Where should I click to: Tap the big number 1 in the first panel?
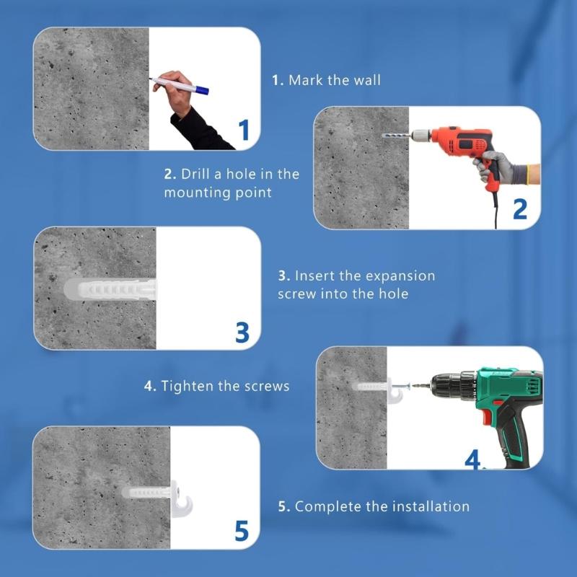[244, 130]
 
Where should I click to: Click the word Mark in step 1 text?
[305, 80]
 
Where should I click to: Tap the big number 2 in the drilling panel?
[519, 208]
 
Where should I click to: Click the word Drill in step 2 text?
[197, 174]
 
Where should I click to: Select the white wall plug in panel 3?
[108, 290]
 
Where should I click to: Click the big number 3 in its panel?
[242, 332]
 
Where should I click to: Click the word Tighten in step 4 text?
[188, 386]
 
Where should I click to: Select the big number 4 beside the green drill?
[472, 459]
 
